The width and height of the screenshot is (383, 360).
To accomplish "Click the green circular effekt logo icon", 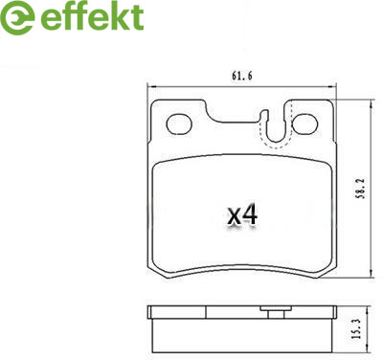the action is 17,17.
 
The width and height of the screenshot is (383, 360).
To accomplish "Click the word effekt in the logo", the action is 92,16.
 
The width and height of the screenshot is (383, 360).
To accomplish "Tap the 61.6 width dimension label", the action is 241,77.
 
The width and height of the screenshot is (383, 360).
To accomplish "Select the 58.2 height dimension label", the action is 360,189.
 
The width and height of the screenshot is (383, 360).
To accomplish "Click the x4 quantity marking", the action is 242,214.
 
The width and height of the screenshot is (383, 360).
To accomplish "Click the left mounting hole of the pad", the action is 179,124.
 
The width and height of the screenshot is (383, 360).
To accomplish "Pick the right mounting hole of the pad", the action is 304,124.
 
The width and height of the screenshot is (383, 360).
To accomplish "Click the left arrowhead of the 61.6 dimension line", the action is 150,86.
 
